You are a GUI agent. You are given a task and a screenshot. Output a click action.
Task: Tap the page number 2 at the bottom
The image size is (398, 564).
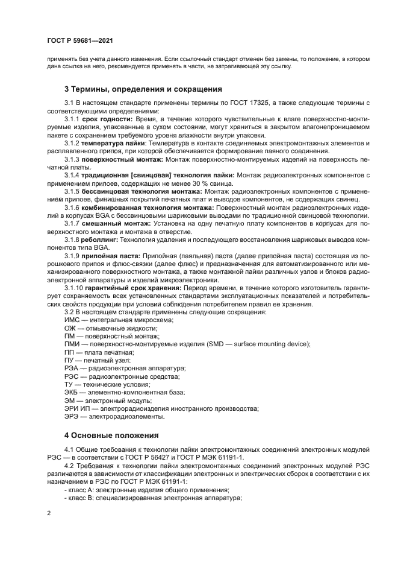49,513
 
